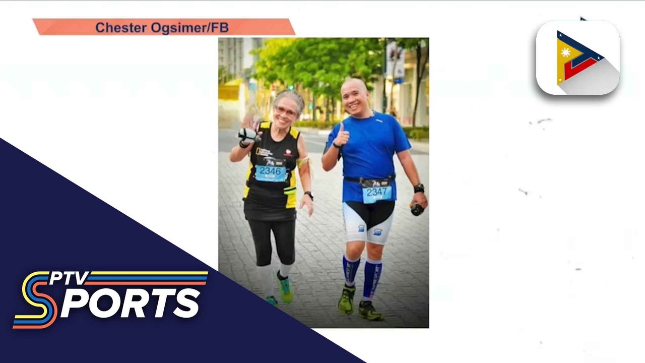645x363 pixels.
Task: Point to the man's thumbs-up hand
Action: tap(343, 136)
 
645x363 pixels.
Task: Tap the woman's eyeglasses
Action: tap(285, 111)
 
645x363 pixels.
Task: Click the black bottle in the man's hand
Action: tap(417, 209)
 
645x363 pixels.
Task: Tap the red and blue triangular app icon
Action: tap(577, 58)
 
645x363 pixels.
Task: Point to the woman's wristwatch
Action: tap(309, 195)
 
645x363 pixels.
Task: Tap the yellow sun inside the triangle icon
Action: tap(565, 53)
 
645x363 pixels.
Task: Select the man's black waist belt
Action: tap(369, 180)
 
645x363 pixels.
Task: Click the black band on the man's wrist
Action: tap(419, 188)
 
